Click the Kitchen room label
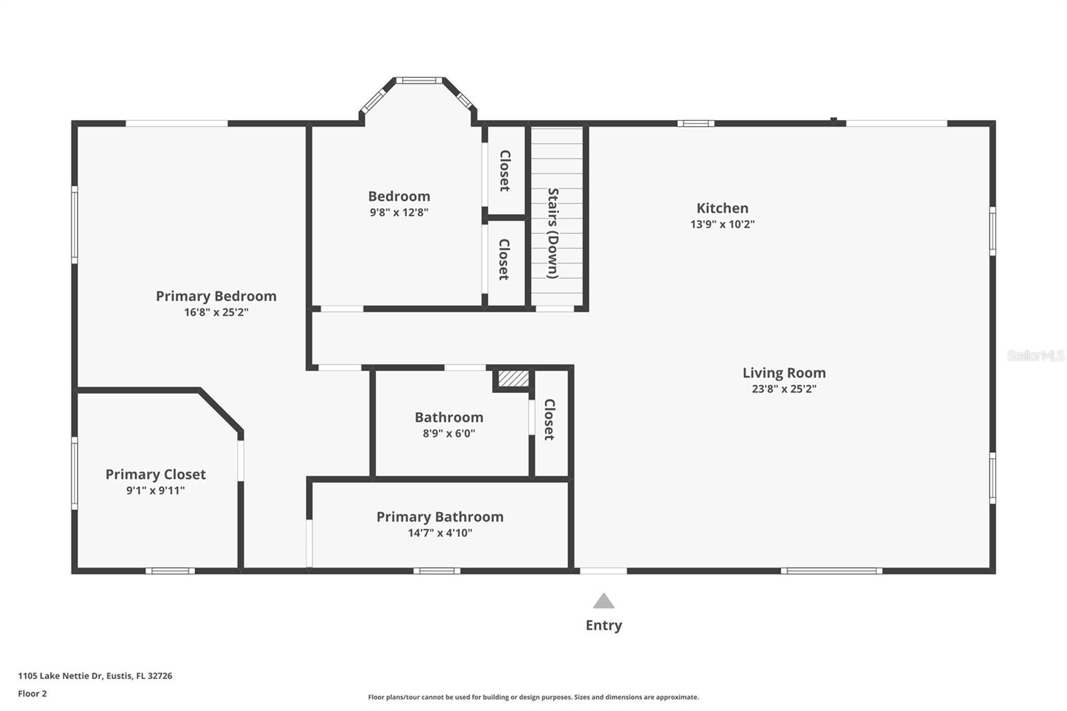(x=722, y=208)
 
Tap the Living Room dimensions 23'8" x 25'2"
(x=784, y=389)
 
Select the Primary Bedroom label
(x=216, y=296)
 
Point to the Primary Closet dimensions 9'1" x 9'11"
(x=155, y=490)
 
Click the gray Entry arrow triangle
(x=604, y=602)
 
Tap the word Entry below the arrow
(x=604, y=625)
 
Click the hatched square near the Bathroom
(x=513, y=379)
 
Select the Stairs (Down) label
(x=553, y=233)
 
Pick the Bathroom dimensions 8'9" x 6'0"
(x=449, y=434)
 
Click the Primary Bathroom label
(x=439, y=517)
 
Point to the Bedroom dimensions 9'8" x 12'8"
(x=399, y=213)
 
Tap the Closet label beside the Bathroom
(x=550, y=420)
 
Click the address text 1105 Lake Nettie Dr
(x=61, y=676)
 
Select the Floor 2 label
(x=33, y=694)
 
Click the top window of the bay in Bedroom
(x=419, y=81)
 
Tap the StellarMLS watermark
(x=1036, y=355)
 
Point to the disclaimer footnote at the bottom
(x=533, y=697)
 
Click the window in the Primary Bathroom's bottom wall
(x=437, y=571)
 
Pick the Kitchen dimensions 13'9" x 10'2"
(x=722, y=225)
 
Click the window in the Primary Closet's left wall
(x=75, y=473)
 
